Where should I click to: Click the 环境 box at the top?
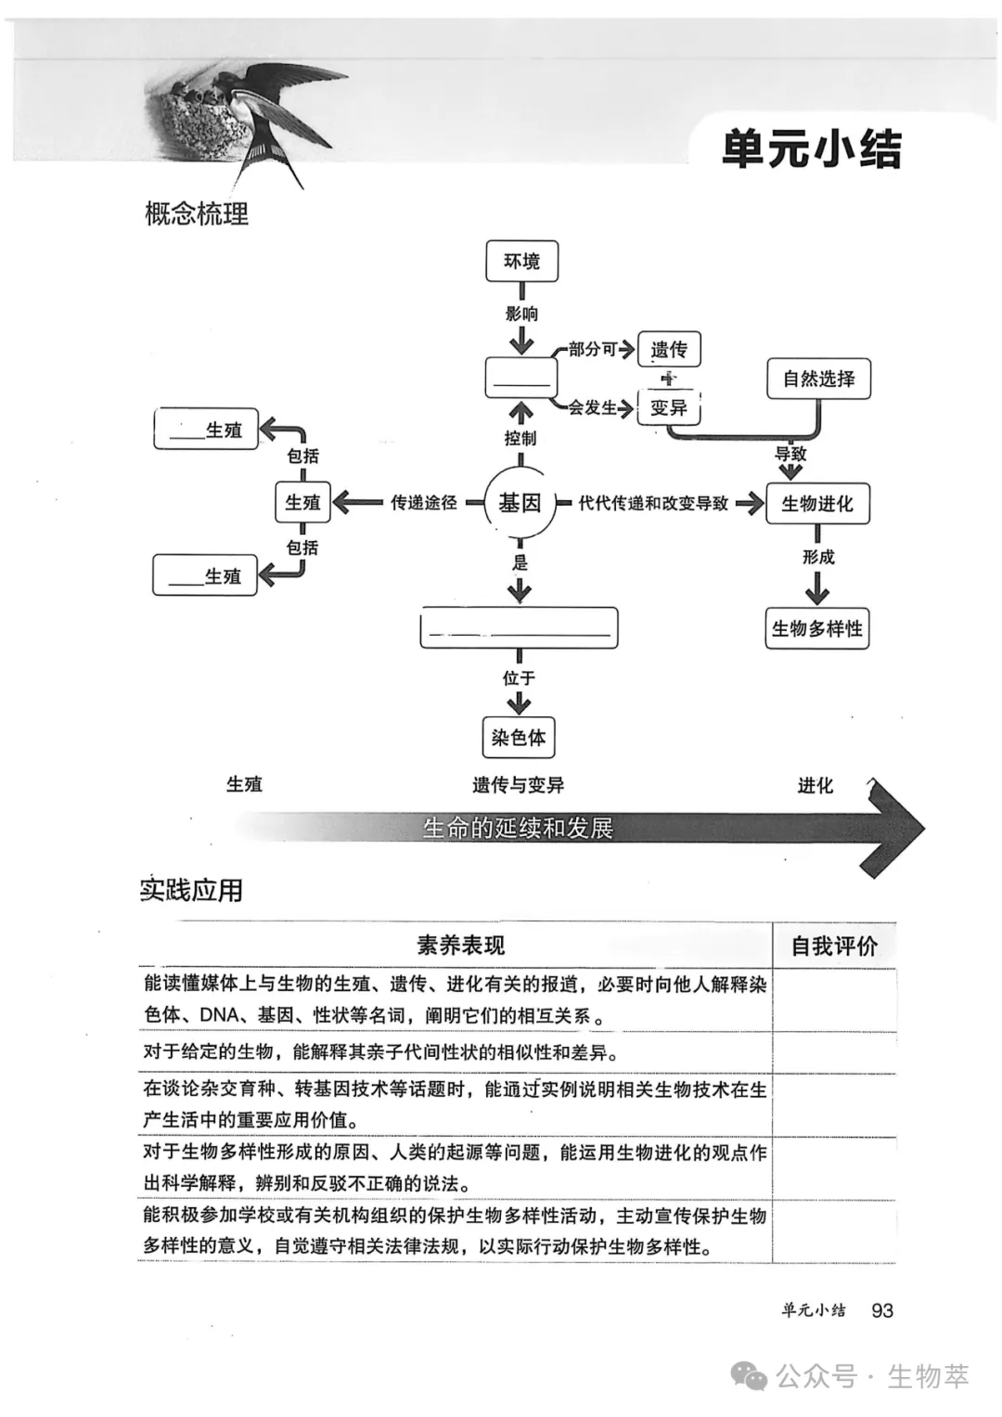click(x=521, y=261)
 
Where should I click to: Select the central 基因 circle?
click(x=520, y=503)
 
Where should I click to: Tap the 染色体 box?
click(x=519, y=738)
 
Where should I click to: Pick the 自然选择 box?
click(x=818, y=379)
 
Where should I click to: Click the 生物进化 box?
click(x=816, y=503)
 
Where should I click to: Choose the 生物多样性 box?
click(x=816, y=628)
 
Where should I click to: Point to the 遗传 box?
click(x=669, y=350)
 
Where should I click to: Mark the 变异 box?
click(x=669, y=407)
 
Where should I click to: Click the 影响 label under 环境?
click(x=521, y=314)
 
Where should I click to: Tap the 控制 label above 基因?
click(x=520, y=438)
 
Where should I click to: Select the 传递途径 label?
click(x=423, y=503)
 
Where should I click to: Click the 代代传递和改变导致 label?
click(x=653, y=503)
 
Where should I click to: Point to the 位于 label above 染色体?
click(x=519, y=678)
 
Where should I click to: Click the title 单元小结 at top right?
click(x=812, y=149)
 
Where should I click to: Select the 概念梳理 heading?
click(x=197, y=214)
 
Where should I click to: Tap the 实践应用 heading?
click(x=191, y=890)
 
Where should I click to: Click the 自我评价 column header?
click(x=833, y=946)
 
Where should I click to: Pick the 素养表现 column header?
click(x=460, y=946)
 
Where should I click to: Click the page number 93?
click(x=882, y=1310)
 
